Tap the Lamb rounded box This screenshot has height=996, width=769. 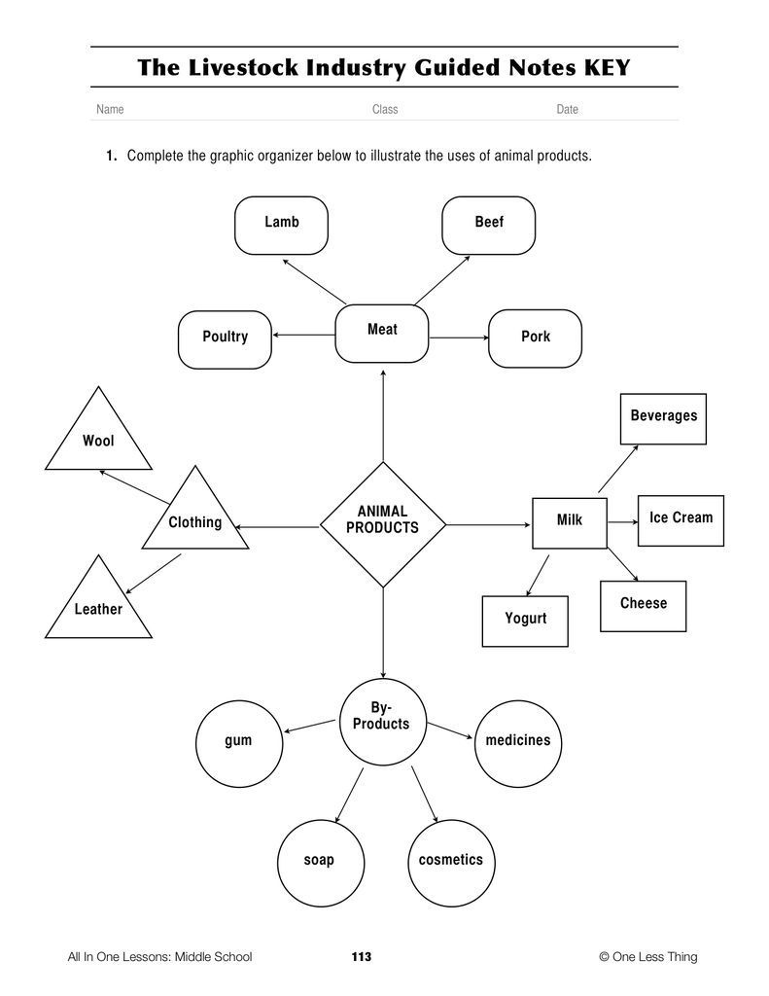click(x=282, y=225)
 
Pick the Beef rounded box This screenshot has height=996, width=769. click(x=489, y=225)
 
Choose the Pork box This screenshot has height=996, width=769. click(x=535, y=338)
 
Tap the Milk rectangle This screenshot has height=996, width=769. click(x=570, y=522)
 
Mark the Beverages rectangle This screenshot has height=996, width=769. click(x=663, y=418)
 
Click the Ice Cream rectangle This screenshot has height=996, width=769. click(x=681, y=519)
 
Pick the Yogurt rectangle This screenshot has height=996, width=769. click(x=525, y=620)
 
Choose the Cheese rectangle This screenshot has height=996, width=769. click(x=643, y=606)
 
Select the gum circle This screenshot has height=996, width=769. click(x=238, y=742)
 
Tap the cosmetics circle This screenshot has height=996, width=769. click(x=450, y=861)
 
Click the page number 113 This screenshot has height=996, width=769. click(x=361, y=957)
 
